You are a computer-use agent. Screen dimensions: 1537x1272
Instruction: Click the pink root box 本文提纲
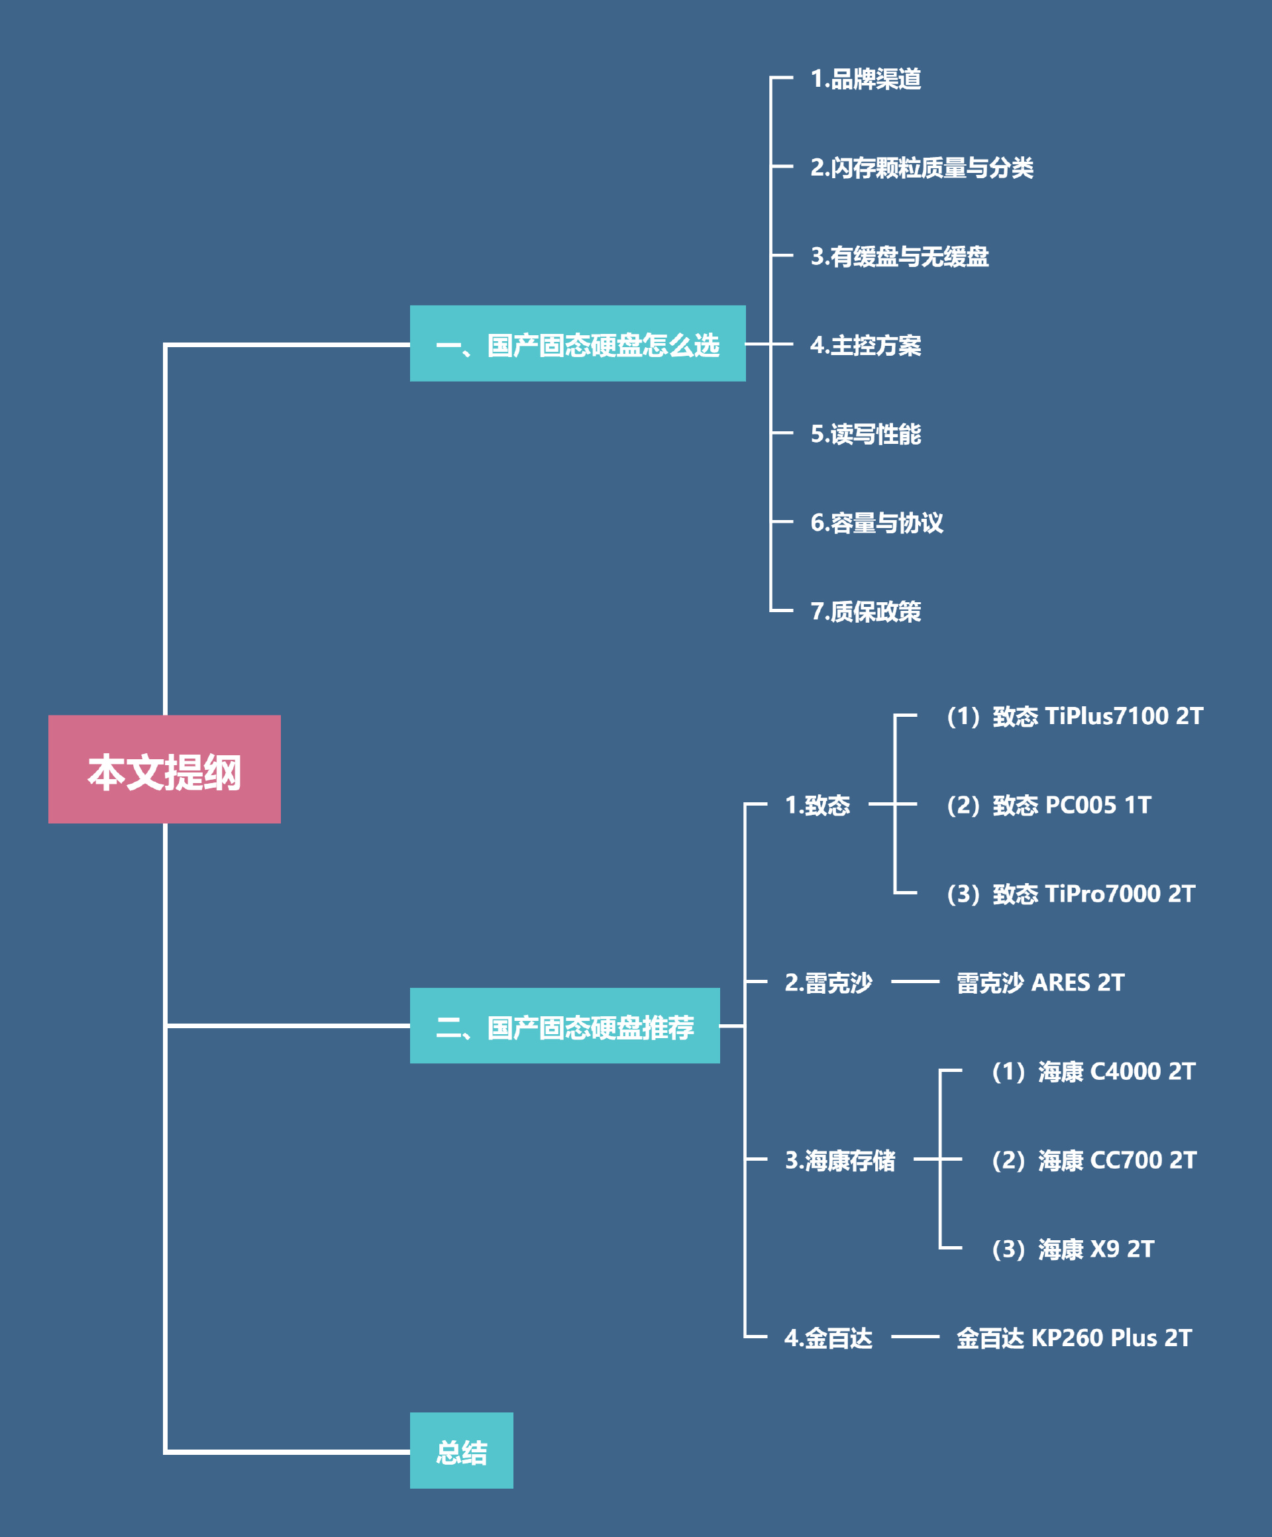click(x=165, y=769)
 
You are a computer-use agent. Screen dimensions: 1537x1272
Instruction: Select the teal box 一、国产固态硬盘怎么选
click(x=578, y=344)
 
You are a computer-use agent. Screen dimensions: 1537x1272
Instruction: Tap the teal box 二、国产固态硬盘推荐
click(x=564, y=1026)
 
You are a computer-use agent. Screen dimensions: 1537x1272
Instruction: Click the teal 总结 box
click(x=461, y=1452)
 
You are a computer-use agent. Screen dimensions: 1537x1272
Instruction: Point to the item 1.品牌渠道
click(x=866, y=79)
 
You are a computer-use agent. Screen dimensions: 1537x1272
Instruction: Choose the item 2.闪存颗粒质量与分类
click(x=922, y=168)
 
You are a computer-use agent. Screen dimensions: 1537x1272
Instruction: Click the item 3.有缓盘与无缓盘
click(x=900, y=256)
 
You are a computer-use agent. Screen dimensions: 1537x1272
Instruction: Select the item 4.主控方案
click(x=866, y=344)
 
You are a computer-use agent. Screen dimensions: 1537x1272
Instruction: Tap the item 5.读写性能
click(x=866, y=434)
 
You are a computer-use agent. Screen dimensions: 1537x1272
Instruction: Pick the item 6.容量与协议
click(x=876, y=523)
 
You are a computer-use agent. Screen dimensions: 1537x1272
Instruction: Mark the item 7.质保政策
click(x=866, y=611)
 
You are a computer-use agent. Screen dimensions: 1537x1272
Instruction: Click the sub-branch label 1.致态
click(x=818, y=805)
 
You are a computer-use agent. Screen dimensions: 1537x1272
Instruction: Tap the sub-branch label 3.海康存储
click(x=840, y=1160)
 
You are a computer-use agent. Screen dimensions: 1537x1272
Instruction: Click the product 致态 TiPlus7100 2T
click(x=1075, y=715)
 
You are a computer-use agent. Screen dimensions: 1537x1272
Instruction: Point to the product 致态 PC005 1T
click(x=1049, y=805)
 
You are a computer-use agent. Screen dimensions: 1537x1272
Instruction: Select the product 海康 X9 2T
click(x=1073, y=1249)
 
